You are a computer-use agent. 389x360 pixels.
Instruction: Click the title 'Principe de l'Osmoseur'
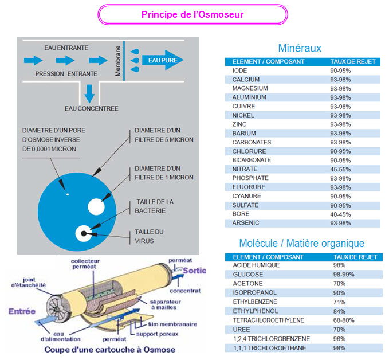click(x=192, y=14)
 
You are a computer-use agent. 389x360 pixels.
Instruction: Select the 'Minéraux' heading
click(x=299, y=48)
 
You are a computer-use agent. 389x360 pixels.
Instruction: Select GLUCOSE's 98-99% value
click(x=343, y=275)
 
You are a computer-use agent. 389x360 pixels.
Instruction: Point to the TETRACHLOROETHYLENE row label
click(x=268, y=320)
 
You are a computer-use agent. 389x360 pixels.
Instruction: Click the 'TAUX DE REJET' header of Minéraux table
click(x=352, y=61)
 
